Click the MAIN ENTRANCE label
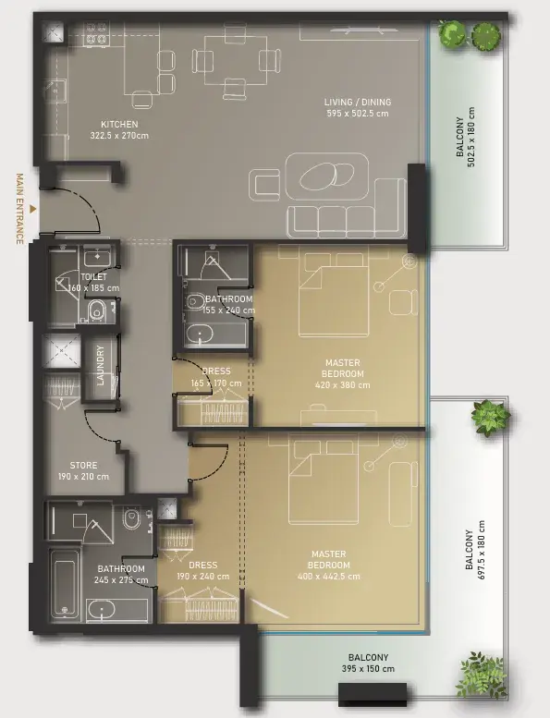pos(19,209)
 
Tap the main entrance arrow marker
pos(32,209)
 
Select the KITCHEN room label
pos(119,124)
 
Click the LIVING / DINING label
pos(358,103)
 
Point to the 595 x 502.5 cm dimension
pos(358,114)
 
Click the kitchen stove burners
pos(97,34)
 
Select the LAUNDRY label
pos(101,365)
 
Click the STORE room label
pos(83,465)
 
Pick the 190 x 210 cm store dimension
pos(83,477)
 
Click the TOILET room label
pos(94,277)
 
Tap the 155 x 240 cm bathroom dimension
pos(228,310)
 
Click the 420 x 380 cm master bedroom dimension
pos(343,385)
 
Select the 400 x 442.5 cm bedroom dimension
pos(329,577)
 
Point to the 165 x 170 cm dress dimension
pos(216,383)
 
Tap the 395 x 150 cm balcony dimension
pos(368,668)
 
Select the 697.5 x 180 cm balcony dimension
pos(482,550)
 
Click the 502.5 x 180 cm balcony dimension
pos(471,137)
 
